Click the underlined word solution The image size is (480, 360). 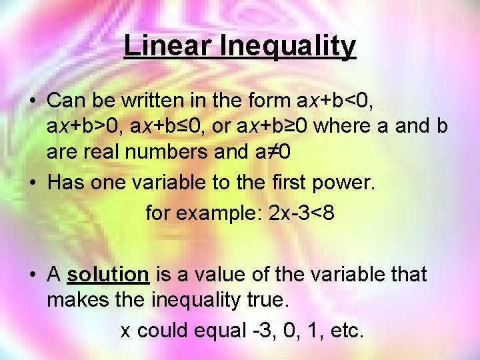point(108,274)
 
